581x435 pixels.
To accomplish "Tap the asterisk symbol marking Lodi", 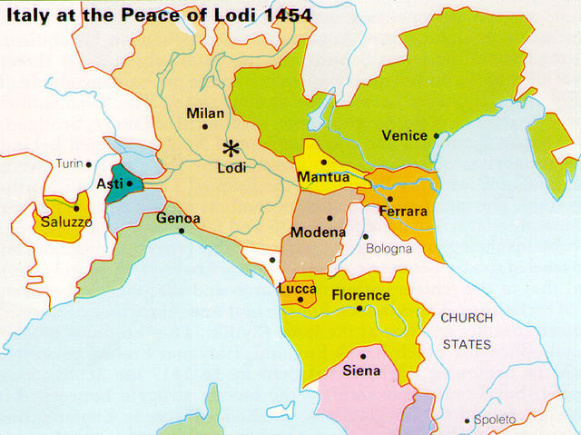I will [232, 148].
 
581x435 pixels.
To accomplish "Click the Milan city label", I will [204, 114].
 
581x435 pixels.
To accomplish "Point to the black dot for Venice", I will [437, 136].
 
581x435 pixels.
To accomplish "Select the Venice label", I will [404, 136].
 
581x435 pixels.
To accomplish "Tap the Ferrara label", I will [403, 212].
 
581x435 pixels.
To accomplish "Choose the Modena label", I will [318, 232].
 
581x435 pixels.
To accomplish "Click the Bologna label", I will [389, 248].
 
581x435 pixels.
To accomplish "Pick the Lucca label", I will [299, 287].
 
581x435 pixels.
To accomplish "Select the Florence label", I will [360, 295].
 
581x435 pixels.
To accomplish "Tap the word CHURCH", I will [467, 318].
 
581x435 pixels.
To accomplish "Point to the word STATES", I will [467, 344].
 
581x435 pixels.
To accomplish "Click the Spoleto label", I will [495, 420].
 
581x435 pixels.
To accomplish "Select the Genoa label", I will [178, 219].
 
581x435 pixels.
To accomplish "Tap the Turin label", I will [68, 163].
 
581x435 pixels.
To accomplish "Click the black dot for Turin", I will [89, 164].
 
